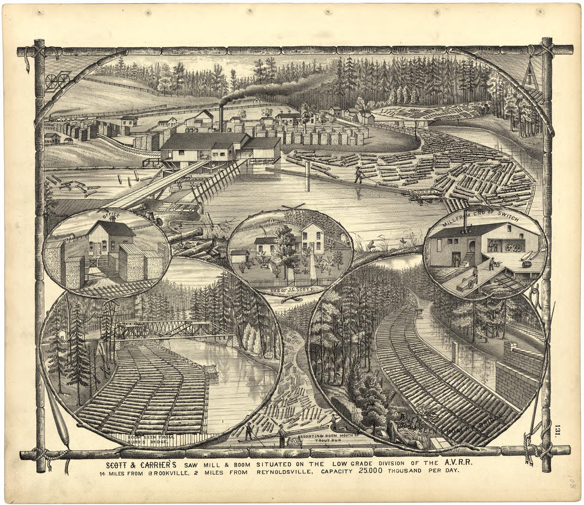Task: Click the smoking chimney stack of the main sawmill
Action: coord(221,118)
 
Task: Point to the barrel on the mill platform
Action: coord(526,264)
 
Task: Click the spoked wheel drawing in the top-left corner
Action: coord(57,81)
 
